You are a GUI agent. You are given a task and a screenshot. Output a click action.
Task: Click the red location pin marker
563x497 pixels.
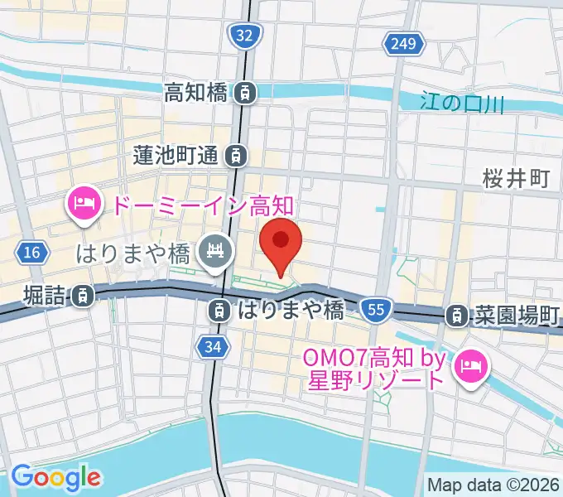[x=281, y=243]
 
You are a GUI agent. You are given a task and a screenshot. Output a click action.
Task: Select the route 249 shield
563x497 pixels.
[x=401, y=43]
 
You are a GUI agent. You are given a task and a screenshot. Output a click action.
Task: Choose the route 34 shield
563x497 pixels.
[x=212, y=348]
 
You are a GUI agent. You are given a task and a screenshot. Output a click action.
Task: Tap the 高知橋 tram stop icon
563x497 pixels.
[x=244, y=93]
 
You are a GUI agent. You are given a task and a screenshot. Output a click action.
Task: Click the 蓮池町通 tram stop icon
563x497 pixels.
[x=237, y=154]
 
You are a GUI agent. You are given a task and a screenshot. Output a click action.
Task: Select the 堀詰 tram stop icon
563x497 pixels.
[x=82, y=294]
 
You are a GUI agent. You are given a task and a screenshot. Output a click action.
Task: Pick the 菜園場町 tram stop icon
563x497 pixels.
[x=456, y=315]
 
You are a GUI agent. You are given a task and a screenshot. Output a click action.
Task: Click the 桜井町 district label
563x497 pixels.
[x=517, y=178]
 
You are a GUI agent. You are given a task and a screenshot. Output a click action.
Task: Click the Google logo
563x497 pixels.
[x=55, y=477]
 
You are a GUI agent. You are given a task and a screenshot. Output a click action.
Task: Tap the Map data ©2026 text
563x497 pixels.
[x=493, y=485]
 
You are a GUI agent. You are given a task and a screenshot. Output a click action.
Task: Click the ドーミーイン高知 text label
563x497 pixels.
[x=203, y=204]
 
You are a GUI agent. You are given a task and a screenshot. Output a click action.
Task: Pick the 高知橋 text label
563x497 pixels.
[x=195, y=93]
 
